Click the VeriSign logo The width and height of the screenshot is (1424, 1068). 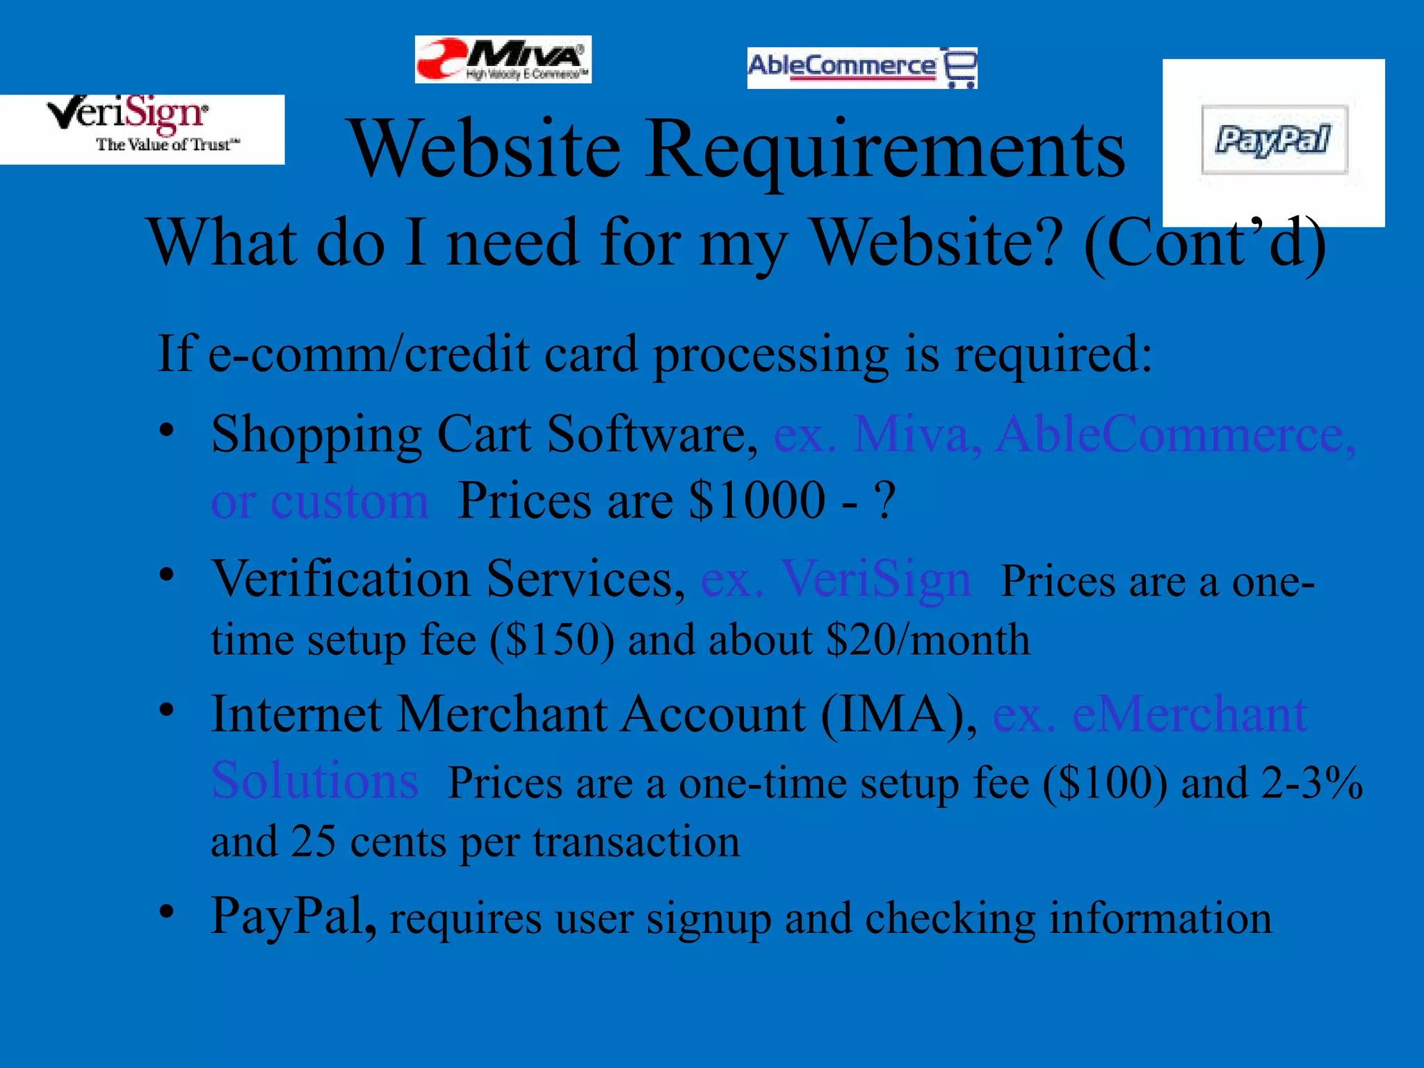pyautogui.click(x=142, y=129)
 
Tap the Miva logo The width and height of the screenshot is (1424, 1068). pyautogui.click(x=503, y=60)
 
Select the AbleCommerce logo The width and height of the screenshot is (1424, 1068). pyautogui.click(x=861, y=67)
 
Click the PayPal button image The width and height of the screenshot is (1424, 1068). pyautogui.click(x=1274, y=140)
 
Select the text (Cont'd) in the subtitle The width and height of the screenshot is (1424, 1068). pyautogui.click(x=1205, y=243)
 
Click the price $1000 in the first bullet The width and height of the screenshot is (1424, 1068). pyautogui.click(x=756, y=501)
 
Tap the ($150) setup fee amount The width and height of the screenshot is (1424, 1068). pyautogui.click(x=552, y=640)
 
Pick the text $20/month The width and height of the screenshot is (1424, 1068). pyautogui.click(x=928, y=640)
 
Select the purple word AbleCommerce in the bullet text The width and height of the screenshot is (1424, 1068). pyautogui.click(x=1175, y=435)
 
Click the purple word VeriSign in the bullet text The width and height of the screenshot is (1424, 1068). pyautogui.click(x=876, y=578)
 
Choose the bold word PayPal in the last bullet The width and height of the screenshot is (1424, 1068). pyautogui.click(x=292, y=916)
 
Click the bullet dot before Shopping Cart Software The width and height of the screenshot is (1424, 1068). pyautogui.click(x=166, y=430)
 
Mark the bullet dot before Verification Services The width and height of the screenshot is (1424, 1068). pyautogui.click(x=166, y=575)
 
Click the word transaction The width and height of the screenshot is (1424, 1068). pyautogui.click(x=636, y=843)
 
